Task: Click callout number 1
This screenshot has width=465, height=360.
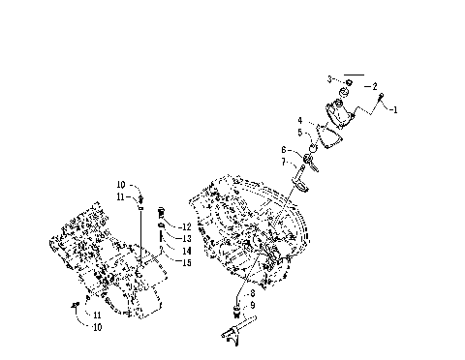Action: point(394,110)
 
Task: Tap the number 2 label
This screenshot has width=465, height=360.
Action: point(374,86)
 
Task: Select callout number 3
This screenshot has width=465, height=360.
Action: point(329,78)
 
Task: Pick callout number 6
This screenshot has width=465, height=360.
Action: point(284,150)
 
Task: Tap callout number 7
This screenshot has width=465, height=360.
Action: point(284,162)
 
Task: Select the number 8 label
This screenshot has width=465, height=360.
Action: point(252,293)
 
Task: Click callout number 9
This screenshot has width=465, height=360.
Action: point(252,305)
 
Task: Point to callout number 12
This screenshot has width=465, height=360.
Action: point(186,226)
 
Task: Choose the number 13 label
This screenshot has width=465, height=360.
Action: point(186,238)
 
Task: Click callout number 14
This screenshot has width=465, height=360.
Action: point(186,250)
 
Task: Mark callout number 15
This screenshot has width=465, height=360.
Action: point(186,261)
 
